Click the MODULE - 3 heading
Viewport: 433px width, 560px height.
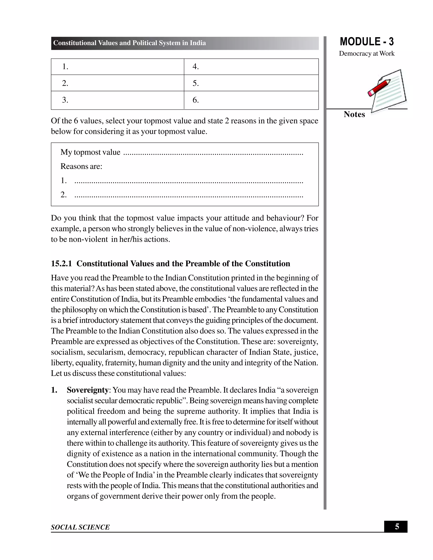367,42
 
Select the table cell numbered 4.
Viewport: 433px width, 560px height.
251,67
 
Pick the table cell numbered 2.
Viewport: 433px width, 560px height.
118,83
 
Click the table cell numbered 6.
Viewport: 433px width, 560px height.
251,100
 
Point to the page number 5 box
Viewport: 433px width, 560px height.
397,527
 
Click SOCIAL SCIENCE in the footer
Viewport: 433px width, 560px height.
80,527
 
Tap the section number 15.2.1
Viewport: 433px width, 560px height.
61,264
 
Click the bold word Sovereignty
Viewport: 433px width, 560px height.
88,390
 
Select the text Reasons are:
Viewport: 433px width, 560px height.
81,166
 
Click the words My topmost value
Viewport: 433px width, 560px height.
90,152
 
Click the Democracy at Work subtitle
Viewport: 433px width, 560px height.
367,54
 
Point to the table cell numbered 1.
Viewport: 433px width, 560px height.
118,67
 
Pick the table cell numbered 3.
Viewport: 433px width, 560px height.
118,100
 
